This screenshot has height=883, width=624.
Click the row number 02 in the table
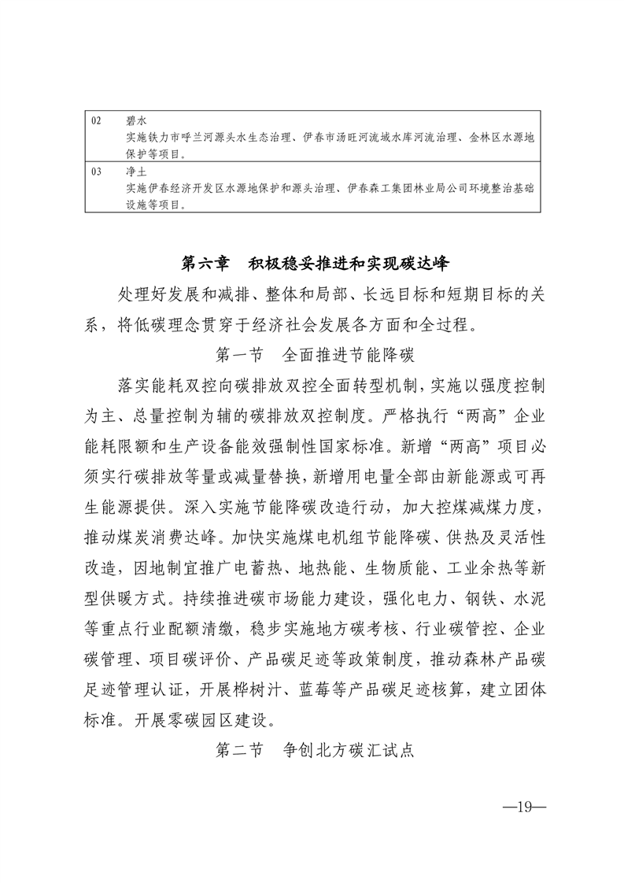coord(97,121)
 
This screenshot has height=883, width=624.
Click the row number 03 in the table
coord(97,171)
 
